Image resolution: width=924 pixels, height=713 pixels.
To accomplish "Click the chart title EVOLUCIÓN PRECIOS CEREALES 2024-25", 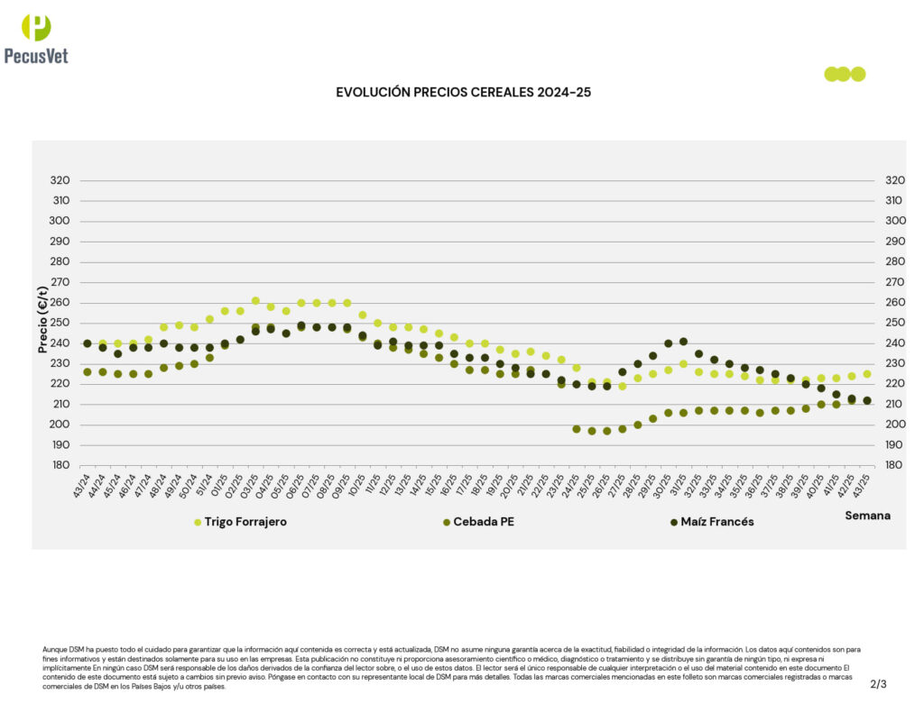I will [x=463, y=92].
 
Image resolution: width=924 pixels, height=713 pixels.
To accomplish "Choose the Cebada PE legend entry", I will [x=485, y=522].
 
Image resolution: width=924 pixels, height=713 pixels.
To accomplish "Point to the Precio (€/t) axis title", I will [x=42, y=319].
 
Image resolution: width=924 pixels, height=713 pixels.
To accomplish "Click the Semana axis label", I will [x=867, y=516].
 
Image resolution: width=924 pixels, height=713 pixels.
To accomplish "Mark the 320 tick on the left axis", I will [x=60, y=180].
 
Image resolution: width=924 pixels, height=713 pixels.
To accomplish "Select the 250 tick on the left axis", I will [x=60, y=323].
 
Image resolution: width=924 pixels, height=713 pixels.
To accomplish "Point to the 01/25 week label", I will [x=219, y=487].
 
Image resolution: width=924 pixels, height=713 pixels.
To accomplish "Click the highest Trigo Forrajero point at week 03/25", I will [x=255, y=301].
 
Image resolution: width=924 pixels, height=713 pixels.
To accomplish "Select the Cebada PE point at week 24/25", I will [x=577, y=429].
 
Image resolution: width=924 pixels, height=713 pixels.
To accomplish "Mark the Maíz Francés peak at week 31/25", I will [x=683, y=342].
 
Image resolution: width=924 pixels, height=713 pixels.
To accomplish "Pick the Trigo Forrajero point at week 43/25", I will [x=867, y=374].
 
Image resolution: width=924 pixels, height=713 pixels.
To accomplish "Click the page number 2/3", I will [x=878, y=684].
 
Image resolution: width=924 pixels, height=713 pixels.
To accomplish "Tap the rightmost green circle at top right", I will [x=858, y=74].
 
